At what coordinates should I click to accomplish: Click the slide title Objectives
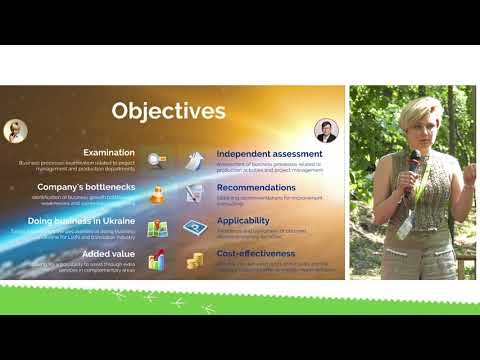(x=168, y=109)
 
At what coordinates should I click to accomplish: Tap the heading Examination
(x=109, y=152)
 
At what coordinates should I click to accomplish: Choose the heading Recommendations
(x=256, y=187)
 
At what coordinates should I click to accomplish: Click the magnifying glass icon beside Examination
(x=156, y=159)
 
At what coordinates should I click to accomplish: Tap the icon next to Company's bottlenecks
(x=156, y=193)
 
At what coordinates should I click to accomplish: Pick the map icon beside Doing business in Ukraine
(x=157, y=227)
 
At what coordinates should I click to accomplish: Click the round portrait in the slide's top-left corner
(x=15, y=131)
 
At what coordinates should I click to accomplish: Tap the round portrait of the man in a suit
(x=326, y=131)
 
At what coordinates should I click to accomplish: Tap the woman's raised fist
(x=407, y=181)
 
